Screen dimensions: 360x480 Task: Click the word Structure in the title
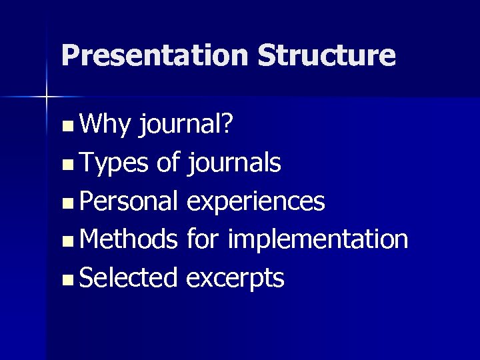(x=326, y=55)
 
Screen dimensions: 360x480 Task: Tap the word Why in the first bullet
(x=106, y=123)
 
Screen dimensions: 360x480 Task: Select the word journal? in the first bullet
(x=185, y=125)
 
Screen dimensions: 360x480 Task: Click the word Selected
(x=127, y=277)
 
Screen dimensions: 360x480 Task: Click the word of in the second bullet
(x=169, y=162)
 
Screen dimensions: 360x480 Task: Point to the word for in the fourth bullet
(x=203, y=239)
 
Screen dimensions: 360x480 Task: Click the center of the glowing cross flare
(x=46, y=97)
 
